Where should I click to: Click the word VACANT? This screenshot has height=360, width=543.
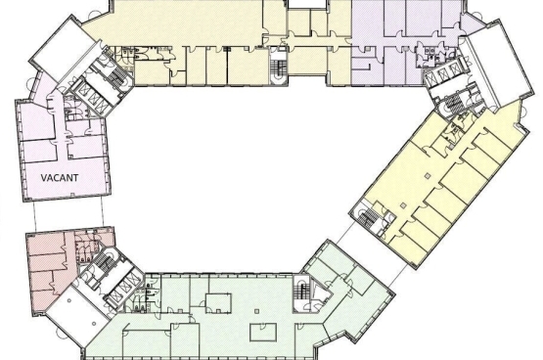[60, 178]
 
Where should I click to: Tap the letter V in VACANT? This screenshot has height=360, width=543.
[44, 178]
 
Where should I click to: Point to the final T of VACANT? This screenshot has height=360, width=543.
[75, 178]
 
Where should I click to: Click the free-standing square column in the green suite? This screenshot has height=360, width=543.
[256, 311]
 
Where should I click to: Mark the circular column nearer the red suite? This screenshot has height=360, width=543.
[69, 300]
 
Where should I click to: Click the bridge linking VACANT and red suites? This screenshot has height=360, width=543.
[68, 215]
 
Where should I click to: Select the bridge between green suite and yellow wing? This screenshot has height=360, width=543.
[371, 253]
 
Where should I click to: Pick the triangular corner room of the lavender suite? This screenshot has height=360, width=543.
[472, 24]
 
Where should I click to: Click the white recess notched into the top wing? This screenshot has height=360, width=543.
[307, 4]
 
